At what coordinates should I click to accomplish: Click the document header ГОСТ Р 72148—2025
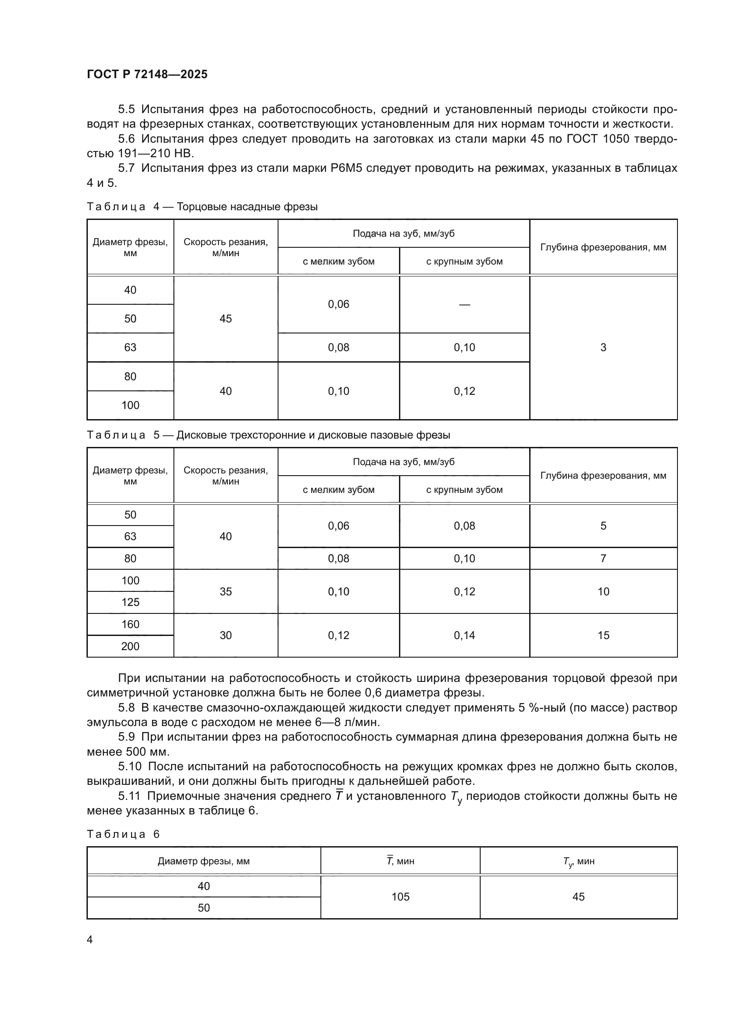pos(147,74)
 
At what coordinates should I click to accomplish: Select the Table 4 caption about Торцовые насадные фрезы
pos(202,207)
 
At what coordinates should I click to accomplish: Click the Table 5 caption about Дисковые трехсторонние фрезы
pos(268,435)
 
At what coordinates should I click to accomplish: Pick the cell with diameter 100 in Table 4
pos(130,405)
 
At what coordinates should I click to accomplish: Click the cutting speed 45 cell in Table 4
pos(226,318)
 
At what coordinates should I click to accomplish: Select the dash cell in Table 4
pos(464,305)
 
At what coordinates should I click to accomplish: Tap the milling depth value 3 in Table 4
pos(603,347)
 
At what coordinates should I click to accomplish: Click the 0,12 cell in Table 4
pos(464,391)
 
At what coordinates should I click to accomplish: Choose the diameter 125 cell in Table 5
pos(130,602)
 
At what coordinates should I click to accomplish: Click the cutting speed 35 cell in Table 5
pos(226,591)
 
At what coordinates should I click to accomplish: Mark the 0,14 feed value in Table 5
pos(464,635)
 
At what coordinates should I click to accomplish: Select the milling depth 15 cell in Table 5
pos(603,635)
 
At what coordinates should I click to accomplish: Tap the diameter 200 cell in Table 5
pos(130,646)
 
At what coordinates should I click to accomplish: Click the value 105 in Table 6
pos(400,897)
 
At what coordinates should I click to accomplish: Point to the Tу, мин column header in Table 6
pos(579,861)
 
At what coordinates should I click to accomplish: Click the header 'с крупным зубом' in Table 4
pos(464,261)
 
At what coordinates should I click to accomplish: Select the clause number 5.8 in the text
pos(126,708)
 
